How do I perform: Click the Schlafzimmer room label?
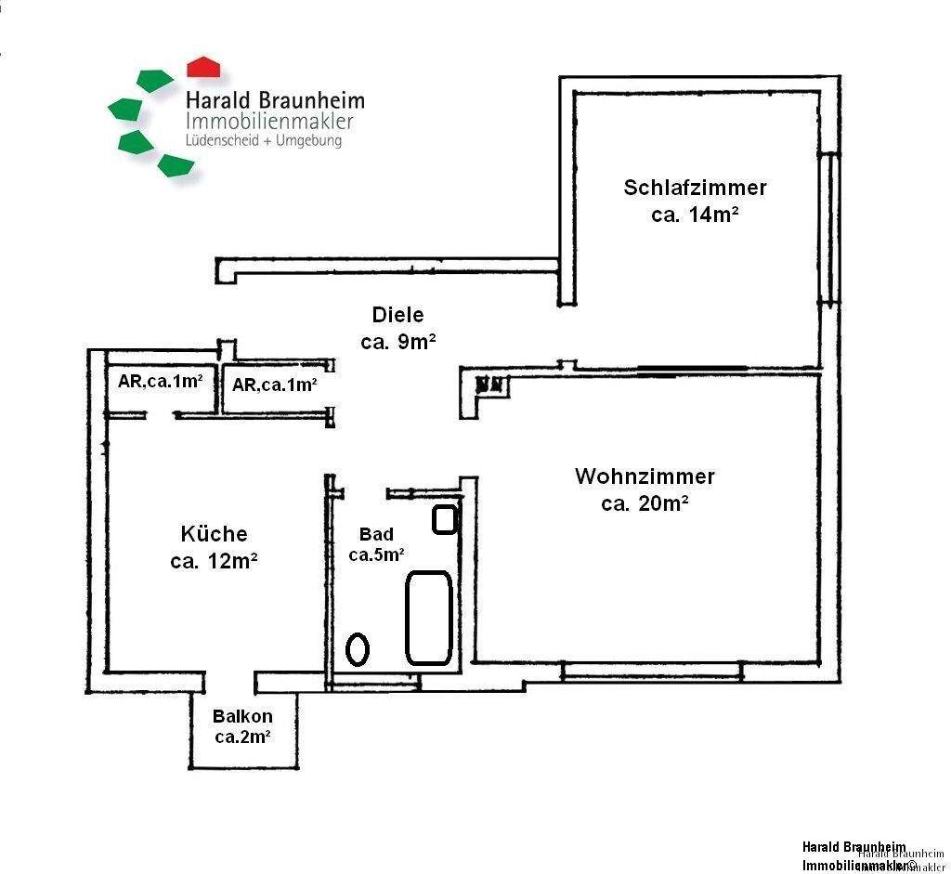pyautogui.click(x=695, y=188)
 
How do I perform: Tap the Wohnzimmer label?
pyautogui.click(x=645, y=476)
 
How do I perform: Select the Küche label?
pyautogui.click(x=214, y=534)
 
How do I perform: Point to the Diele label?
pyautogui.click(x=397, y=315)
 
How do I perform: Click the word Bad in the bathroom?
pyautogui.click(x=376, y=534)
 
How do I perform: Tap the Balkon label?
pyautogui.click(x=242, y=716)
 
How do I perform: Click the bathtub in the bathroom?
pyautogui.click(x=429, y=617)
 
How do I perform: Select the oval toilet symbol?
pyautogui.click(x=358, y=648)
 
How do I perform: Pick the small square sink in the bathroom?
pyautogui.click(x=445, y=519)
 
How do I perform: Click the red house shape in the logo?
pyautogui.click(x=203, y=66)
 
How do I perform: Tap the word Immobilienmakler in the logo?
pyautogui.click(x=269, y=122)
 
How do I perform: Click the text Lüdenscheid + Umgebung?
pyautogui.click(x=264, y=141)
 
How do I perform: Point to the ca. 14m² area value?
pyautogui.click(x=695, y=215)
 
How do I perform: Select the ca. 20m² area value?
pyautogui.click(x=645, y=504)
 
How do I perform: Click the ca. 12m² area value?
pyautogui.click(x=214, y=562)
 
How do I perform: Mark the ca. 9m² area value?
pyautogui.click(x=397, y=342)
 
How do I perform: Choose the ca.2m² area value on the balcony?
pyautogui.click(x=242, y=737)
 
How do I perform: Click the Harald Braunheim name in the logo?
pyautogui.click(x=275, y=100)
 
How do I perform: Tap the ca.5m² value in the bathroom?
pyautogui.click(x=376, y=555)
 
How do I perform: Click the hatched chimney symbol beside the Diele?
pyautogui.click(x=491, y=383)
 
